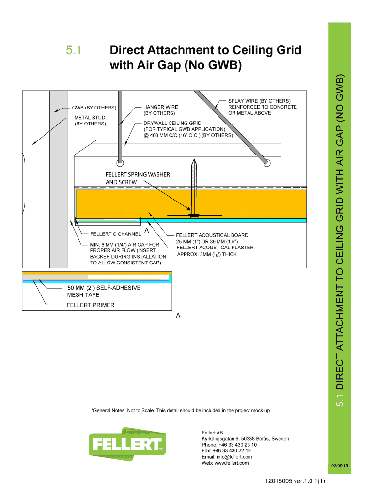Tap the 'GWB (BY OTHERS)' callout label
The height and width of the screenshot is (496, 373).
coord(94,107)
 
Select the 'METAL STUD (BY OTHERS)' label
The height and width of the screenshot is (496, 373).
coord(90,121)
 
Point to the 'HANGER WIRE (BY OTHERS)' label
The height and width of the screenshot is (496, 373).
coord(160,110)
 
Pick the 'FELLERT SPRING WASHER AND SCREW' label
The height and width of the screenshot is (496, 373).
coord(138,178)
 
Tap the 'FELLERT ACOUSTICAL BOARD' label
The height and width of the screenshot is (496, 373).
coord(208,235)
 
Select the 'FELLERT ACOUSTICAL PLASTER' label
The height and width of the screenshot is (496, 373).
coord(215,248)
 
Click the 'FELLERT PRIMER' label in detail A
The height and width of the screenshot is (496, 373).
coord(90,305)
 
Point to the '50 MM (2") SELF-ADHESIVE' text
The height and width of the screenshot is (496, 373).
coord(104,288)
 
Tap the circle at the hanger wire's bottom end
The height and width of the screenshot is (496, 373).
coord(120,163)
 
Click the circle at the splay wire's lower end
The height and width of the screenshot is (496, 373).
coord(266,164)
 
